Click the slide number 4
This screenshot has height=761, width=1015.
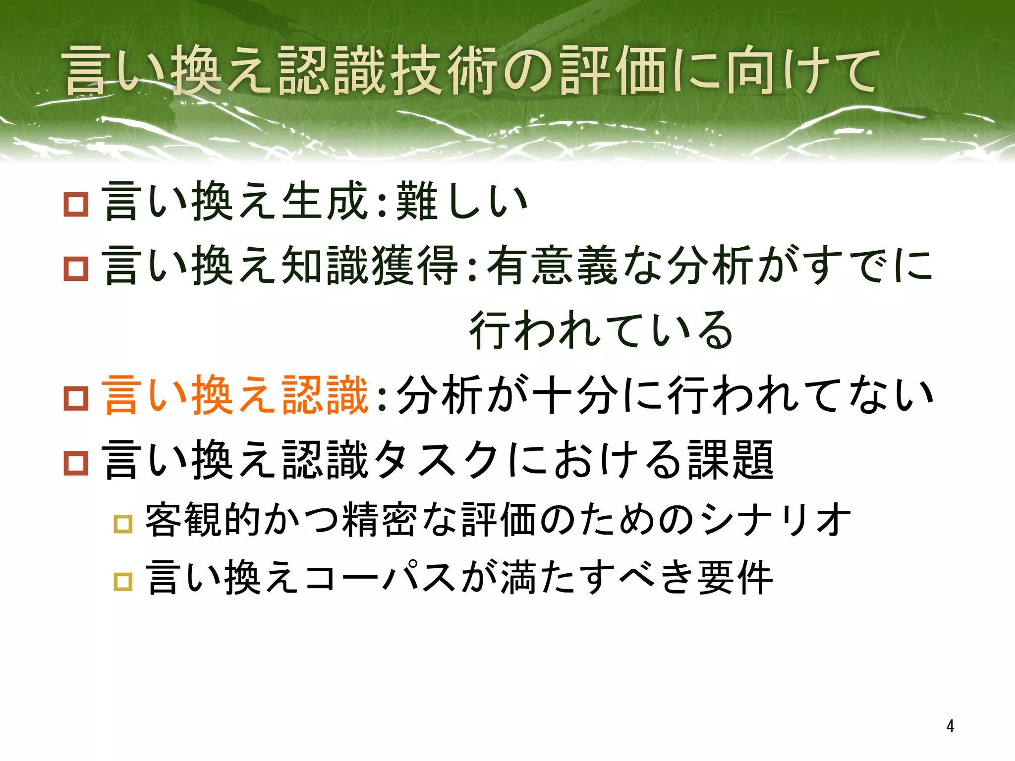point(950,726)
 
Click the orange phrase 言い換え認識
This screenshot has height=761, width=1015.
point(235,395)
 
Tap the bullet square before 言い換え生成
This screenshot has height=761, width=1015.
point(76,204)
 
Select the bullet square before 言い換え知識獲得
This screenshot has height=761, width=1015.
point(76,269)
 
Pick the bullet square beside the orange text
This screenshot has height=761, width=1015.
point(76,398)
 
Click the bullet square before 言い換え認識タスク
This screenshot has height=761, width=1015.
point(76,463)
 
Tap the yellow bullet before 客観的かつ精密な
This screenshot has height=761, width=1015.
point(123,524)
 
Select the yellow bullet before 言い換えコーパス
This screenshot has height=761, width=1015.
point(123,581)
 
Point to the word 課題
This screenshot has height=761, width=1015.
point(731,459)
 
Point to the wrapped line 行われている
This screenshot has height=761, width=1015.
point(601,330)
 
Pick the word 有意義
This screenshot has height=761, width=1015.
point(552,266)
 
